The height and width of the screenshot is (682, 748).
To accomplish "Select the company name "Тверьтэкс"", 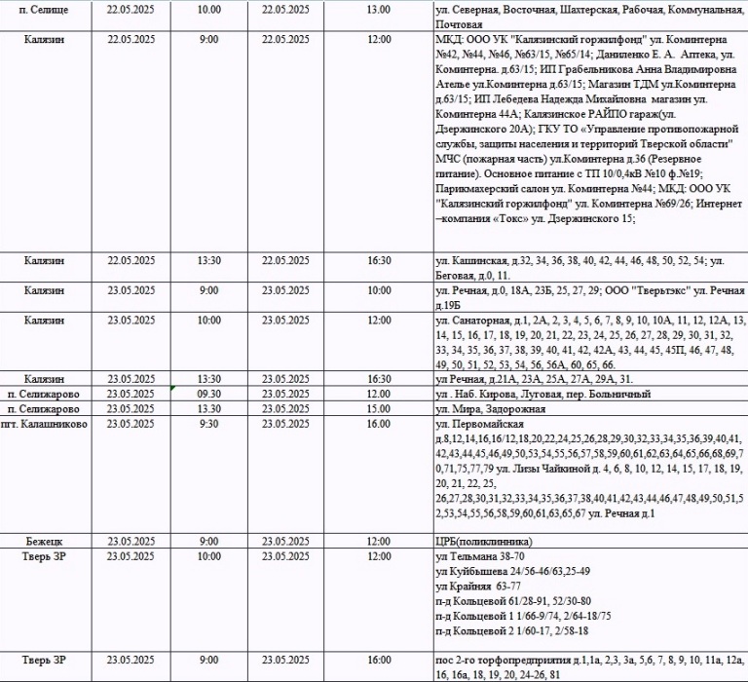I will [639, 290].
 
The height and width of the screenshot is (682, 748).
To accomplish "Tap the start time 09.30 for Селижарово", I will [208, 394].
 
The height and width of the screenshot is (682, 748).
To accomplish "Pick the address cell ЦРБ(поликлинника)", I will [483, 541].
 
